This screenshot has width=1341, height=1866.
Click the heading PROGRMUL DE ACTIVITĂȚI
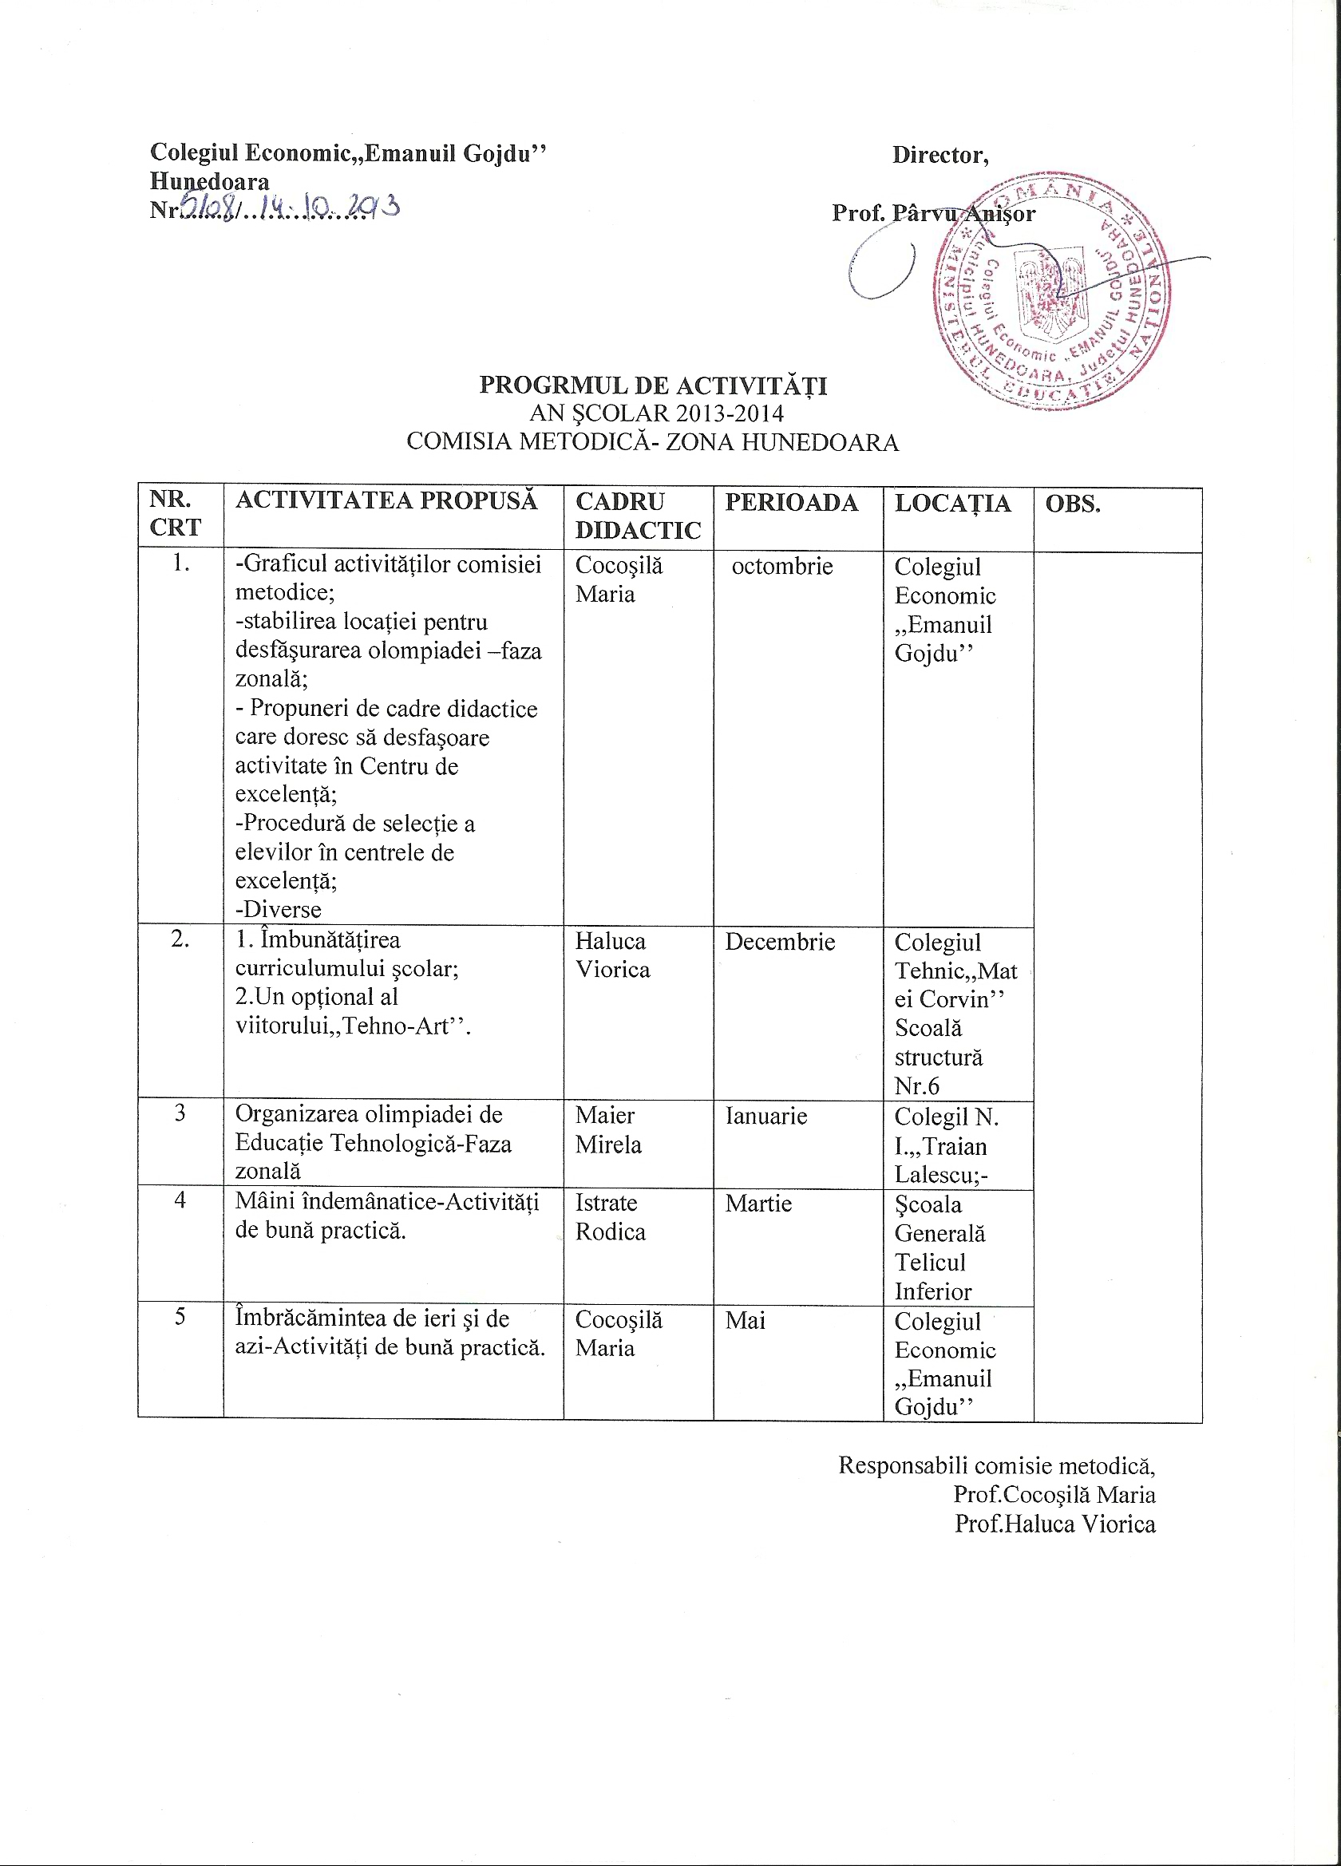coord(653,385)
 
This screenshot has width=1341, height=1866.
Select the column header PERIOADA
coord(790,503)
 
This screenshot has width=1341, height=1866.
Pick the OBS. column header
coord(1072,504)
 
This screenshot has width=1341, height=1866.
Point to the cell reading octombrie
coord(781,566)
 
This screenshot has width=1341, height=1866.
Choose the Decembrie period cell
coord(779,941)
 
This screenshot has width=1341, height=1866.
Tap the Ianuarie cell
coord(765,1116)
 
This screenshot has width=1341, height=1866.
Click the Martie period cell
coord(758,1204)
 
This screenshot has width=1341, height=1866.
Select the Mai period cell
coord(745,1321)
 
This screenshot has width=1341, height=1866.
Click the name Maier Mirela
coord(607,1129)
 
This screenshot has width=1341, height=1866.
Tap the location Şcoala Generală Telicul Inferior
coord(939,1247)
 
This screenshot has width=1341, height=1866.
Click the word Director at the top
coord(939,155)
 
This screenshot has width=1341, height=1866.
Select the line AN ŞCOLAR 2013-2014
coord(655,413)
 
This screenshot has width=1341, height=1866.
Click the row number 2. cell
coord(180,939)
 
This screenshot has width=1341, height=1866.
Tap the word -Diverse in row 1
coord(278,909)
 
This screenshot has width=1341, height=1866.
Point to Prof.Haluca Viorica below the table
coord(1054,1524)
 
